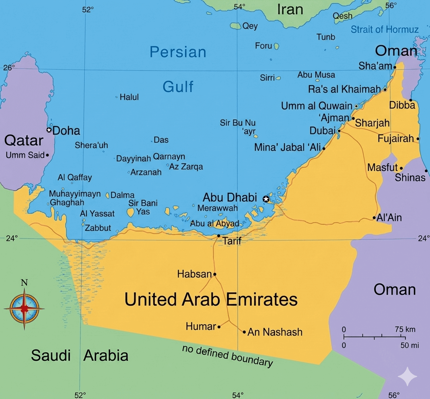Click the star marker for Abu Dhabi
pos(265,199)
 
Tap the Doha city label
pos(66,131)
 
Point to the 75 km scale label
pos(405,329)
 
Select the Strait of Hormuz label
pos(385,29)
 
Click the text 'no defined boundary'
pos(227,356)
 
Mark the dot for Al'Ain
pos(374,218)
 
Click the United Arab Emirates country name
pos(211,300)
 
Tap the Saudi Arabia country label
pos(80,355)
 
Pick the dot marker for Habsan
pos(215,274)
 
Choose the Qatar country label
pos(23,140)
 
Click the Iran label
pos(290,9)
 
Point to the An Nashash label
pos(275,332)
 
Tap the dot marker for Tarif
pos(218,236)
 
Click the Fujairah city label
pos(395,139)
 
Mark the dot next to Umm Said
pos(47,155)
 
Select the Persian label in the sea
pos(178,52)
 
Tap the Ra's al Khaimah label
pos(344,89)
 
